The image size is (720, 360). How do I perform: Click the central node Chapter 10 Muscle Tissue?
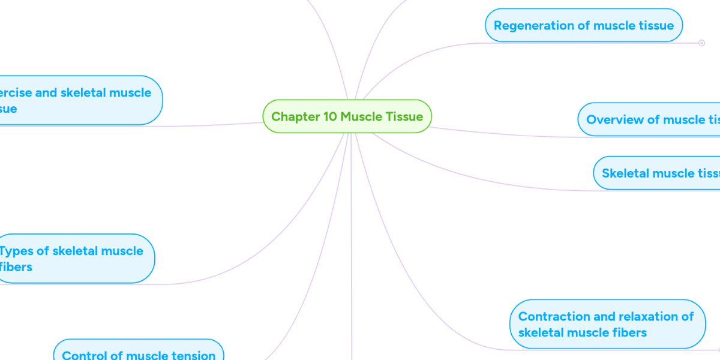click(x=347, y=116)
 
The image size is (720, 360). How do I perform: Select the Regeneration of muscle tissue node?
click(x=583, y=26)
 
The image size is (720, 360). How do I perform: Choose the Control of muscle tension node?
click(x=139, y=353)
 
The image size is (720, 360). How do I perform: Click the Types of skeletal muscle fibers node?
click(x=75, y=259)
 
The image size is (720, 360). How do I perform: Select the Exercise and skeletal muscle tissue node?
click(x=78, y=100)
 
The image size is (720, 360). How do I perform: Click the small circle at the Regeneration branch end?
click(x=701, y=43)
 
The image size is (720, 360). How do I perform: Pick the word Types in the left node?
click(x=16, y=251)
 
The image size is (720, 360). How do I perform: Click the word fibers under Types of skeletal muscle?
click(x=16, y=267)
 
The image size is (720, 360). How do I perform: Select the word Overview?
click(x=614, y=119)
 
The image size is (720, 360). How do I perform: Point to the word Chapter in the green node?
click(x=295, y=116)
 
